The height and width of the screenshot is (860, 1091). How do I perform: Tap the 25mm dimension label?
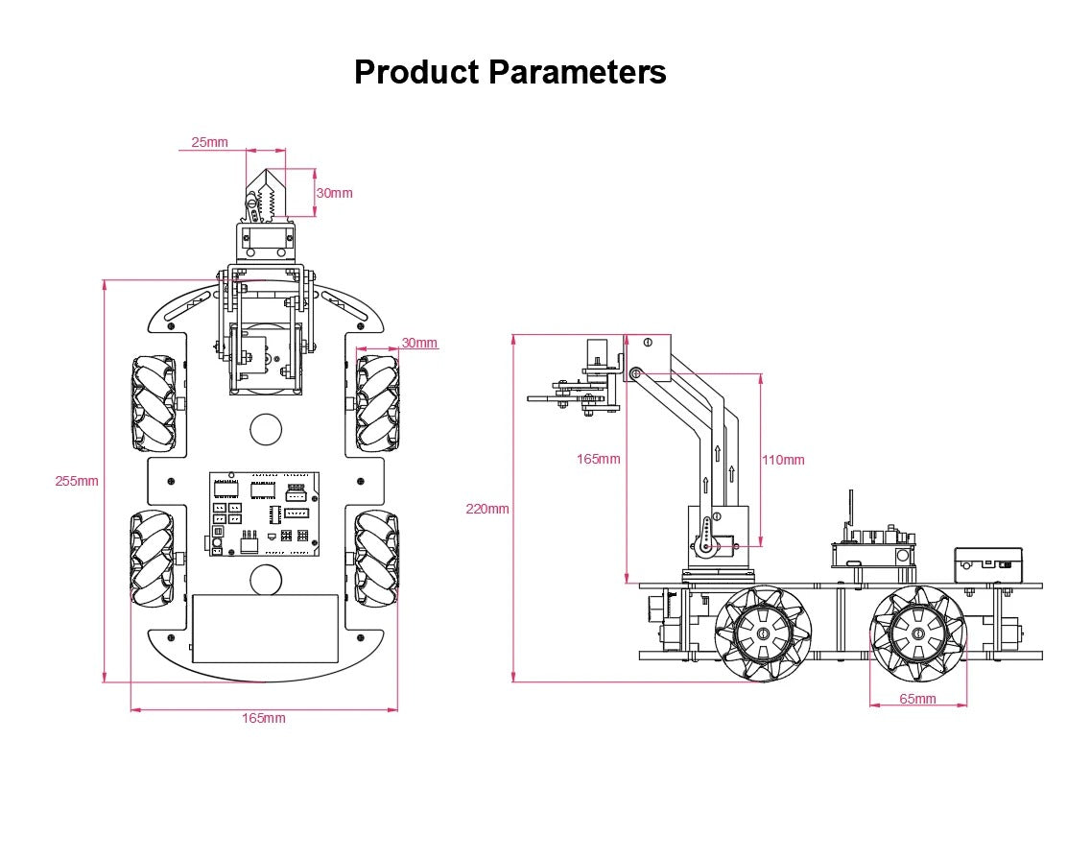[x=209, y=142]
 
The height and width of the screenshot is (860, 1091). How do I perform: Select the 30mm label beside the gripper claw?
[x=334, y=193]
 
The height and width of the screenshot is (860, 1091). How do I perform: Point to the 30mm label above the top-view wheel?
[x=419, y=343]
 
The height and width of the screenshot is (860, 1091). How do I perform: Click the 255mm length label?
[x=76, y=481]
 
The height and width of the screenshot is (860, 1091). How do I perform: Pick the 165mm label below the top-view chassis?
[x=263, y=718]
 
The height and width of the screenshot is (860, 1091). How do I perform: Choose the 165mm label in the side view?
[x=598, y=459]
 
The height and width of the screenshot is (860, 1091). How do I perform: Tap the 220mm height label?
[x=487, y=509]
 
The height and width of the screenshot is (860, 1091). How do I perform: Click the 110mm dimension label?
[x=783, y=460]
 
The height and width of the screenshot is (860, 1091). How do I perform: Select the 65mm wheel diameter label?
[x=917, y=699]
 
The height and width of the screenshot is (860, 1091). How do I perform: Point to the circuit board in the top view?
[x=263, y=514]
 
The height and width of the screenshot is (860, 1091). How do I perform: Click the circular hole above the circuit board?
[x=266, y=428]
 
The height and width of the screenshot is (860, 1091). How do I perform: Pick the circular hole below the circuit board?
[x=266, y=580]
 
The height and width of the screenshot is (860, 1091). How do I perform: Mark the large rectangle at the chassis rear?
[x=265, y=628]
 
